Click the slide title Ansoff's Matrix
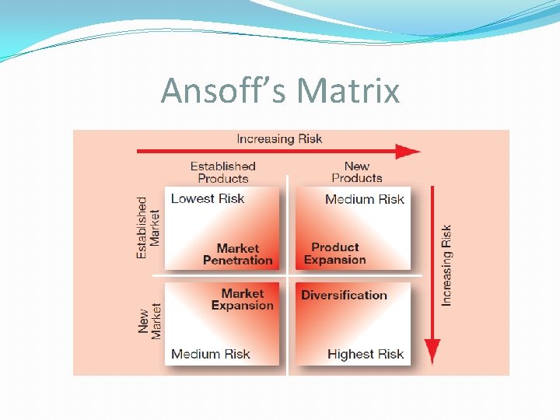click(280, 91)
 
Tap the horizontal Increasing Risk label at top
click(279, 139)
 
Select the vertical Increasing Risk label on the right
click(446, 265)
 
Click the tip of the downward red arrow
click(432, 362)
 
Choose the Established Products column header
click(222, 172)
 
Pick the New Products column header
click(356, 172)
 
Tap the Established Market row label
click(148, 227)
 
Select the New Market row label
click(149, 320)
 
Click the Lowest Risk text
click(207, 198)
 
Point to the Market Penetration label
click(238, 254)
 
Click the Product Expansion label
click(335, 254)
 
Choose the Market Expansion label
click(243, 299)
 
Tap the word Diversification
click(344, 295)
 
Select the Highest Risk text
click(366, 354)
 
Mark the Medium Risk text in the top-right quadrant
click(365, 199)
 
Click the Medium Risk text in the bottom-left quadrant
click(211, 354)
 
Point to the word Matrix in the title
click(348, 91)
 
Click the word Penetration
click(238, 261)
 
